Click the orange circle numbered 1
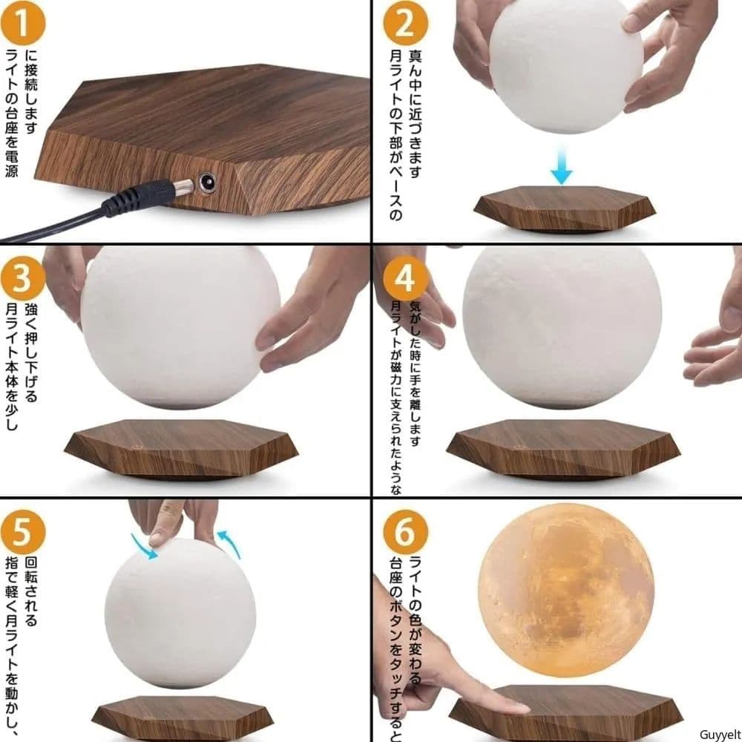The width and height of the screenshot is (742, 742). point(22,23)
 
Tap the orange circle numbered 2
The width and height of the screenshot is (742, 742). point(405,23)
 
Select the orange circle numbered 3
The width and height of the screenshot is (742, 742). point(22,278)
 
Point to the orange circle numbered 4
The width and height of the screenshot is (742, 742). point(405,278)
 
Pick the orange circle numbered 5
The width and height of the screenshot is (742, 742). point(22,532)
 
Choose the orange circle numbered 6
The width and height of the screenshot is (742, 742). point(405,532)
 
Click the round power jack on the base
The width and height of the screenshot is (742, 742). point(206,183)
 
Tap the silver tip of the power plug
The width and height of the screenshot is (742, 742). point(183,187)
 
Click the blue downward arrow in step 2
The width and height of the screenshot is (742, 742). point(562,165)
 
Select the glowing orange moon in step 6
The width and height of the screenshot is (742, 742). point(566,591)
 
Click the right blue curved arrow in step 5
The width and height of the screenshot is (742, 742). point(229,544)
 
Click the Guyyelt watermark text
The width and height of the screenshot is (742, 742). point(720,735)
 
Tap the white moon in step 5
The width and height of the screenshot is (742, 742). point(180,614)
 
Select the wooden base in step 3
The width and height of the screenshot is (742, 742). point(181,449)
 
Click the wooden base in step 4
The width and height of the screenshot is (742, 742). point(564,449)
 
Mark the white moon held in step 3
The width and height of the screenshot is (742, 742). point(180,326)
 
